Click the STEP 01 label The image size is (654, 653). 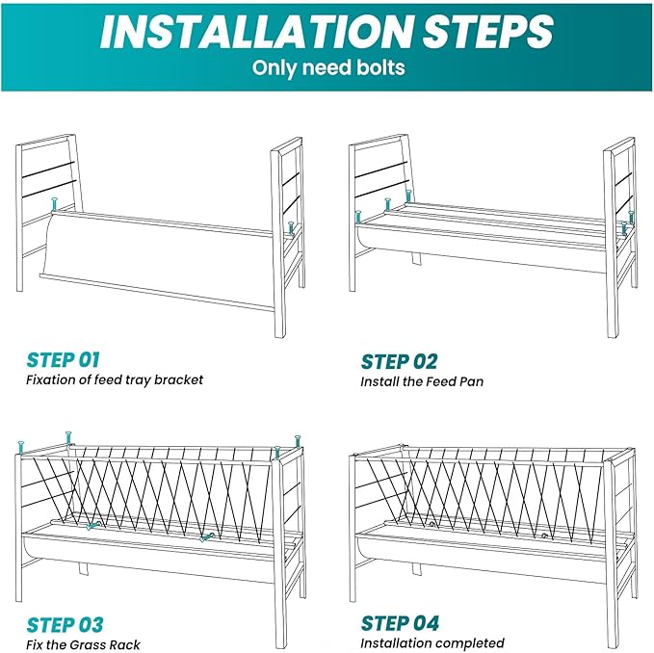(x=64, y=360)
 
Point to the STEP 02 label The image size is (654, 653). (x=399, y=361)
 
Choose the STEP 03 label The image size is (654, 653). (x=65, y=624)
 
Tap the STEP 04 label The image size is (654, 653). (x=399, y=624)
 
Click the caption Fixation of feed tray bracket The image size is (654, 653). (x=115, y=380)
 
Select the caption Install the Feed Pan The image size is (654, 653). (x=422, y=381)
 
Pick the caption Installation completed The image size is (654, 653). (x=432, y=643)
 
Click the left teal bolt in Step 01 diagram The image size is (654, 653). (x=54, y=205)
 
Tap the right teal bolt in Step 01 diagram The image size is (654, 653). (x=290, y=227)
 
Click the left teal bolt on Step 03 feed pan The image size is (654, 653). (x=92, y=527)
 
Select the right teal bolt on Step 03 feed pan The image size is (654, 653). (x=205, y=538)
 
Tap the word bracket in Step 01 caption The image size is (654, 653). (x=181, y=380)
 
